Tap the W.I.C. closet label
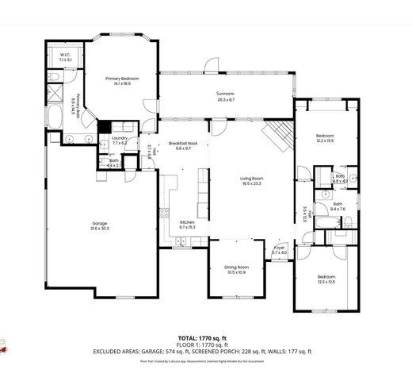pyautogui.click(x=65, y=56)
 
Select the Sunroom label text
pyautogui.click(x=226, y=97)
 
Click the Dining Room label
pyautogui.click(x=237, y=270)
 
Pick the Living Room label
pyautogui.click(x=252, y=181)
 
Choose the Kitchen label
pyautogui.click(x=187, y=225)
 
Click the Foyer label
pyautogui.click(x=279, y=251)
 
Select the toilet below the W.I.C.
pyautogui.click(x=52, y=77)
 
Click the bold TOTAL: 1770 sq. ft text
pyautogui.click(x=205, y=337)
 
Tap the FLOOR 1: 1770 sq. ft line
pyautogui.click(x=205, y=344)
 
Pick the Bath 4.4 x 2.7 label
pyautogui.click(x=112, y=163)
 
